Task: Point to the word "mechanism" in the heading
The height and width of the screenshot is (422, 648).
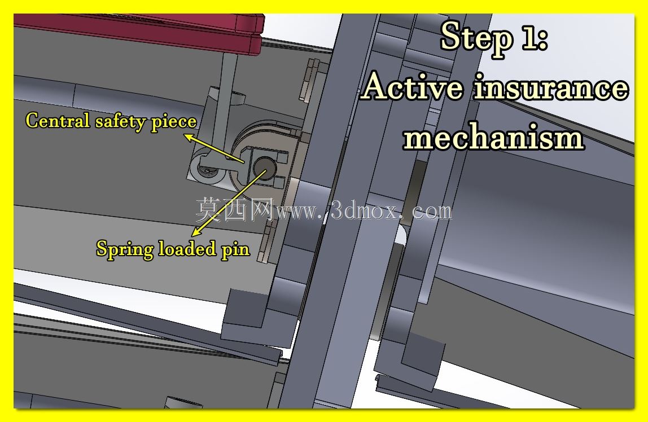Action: [493, 137]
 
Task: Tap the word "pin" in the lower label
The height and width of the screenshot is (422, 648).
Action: [235, 250]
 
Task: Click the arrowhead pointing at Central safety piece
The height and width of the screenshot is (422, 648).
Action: [190, 138]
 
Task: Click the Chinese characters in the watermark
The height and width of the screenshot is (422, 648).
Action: [234, 209]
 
